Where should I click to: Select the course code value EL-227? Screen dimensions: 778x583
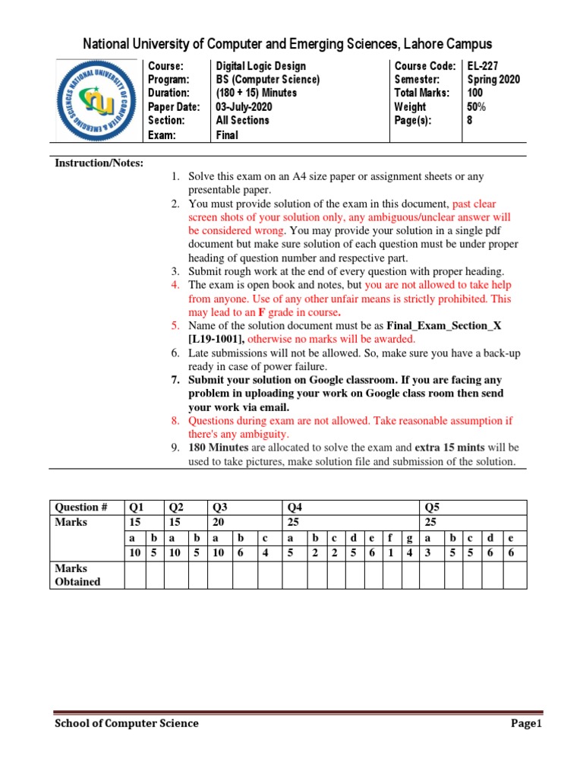pyautogui.click(x=483, y=66)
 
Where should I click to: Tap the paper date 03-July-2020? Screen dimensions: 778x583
pyautogui.click(x=244, y=107)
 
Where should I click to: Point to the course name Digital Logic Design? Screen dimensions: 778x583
pyautogui.click(x=263, y=66)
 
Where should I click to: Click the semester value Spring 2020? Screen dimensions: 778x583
pyautogui.click(x=493, y=80)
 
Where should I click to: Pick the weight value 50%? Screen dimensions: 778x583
pyautogui.click(x=477, y=107)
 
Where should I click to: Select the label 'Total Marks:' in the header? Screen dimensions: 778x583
pyautogui.click(x=421, y=93)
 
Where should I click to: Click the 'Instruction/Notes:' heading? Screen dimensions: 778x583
pyautogui.click(x=99, y=163)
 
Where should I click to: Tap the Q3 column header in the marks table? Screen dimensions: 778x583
pyautogui.click(x=220, y=507)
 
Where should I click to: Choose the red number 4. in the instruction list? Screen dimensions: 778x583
pyautogui.click(x=175, y=285)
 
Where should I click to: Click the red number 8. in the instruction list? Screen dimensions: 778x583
pyautogui.click(x=175, y=420)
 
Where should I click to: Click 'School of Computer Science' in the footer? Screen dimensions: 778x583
pyautogui.click(x=126, y=723)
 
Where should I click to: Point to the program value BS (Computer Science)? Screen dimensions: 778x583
pyautogui.click(x=268, y=80)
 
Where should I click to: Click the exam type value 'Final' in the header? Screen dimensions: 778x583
pyautogui.click(x=227, y=135)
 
